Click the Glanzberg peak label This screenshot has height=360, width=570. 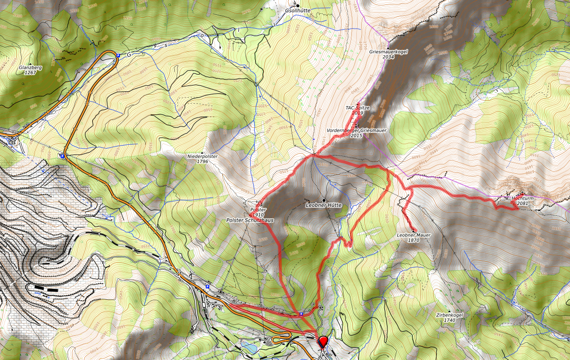[30, 67]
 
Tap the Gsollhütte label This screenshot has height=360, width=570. [298, 10]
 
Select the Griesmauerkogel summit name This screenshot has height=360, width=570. [388, 51]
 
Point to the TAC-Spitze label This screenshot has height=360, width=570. [358, 107]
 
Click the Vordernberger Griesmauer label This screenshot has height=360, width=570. [356, 130]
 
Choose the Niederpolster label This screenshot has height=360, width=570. [202, 156]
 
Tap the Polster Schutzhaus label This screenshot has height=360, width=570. [247, 220]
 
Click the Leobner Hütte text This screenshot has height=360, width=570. [324, 205]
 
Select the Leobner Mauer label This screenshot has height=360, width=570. [414, 235]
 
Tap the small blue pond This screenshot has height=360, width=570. [251, 348]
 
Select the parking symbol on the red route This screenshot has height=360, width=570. [301, 314]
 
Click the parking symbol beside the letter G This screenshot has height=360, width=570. [118, 56]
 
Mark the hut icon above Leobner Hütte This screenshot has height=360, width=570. [324, 200]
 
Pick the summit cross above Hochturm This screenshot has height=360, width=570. [522, 193]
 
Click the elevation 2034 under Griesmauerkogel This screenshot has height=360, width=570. [388, 57]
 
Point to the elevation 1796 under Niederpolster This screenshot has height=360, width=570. [202, 161]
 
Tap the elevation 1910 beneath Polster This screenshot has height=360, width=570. [258, 214]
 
